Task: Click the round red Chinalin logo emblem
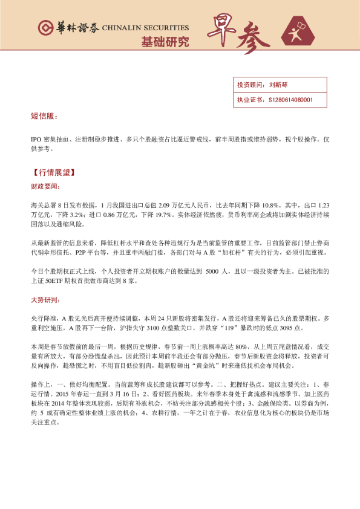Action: pyautogui.click(x=44, y=28)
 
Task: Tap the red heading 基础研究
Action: pyautogui.click(x=165, y=42)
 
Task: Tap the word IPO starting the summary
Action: pyautogui.click(x=36, y=140)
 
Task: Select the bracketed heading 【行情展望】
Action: pyautogui.click(x=53, y=172)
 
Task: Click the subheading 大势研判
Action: pyautogui.click(x=45, y=300)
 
